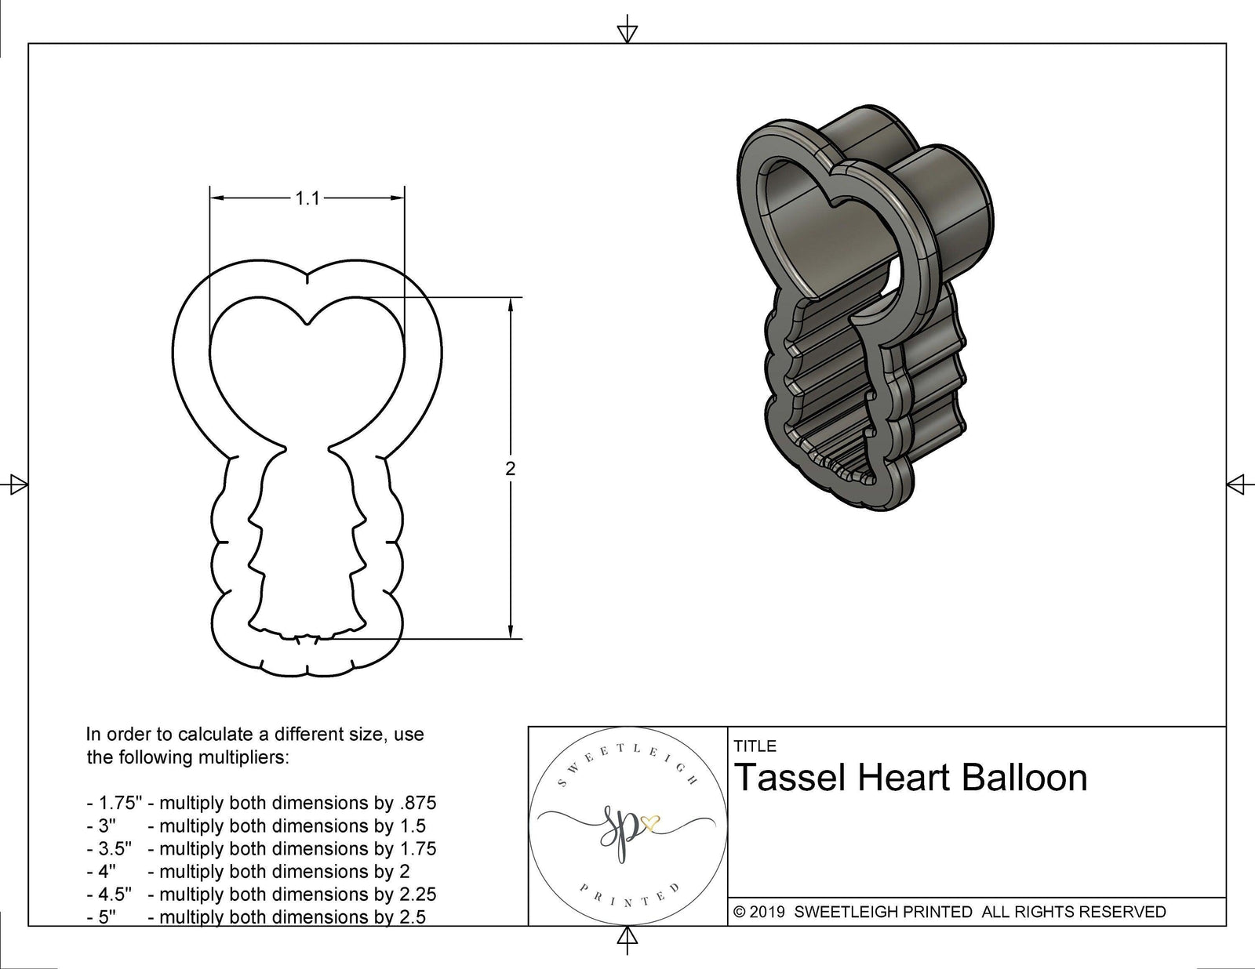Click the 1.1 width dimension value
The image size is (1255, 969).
(307, 199)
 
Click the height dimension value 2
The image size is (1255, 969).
(511, 469)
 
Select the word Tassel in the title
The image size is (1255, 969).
(789, 778)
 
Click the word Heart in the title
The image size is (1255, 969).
(904, 778)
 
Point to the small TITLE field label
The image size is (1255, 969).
(755, 746)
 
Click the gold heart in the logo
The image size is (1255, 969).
(650, 823)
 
